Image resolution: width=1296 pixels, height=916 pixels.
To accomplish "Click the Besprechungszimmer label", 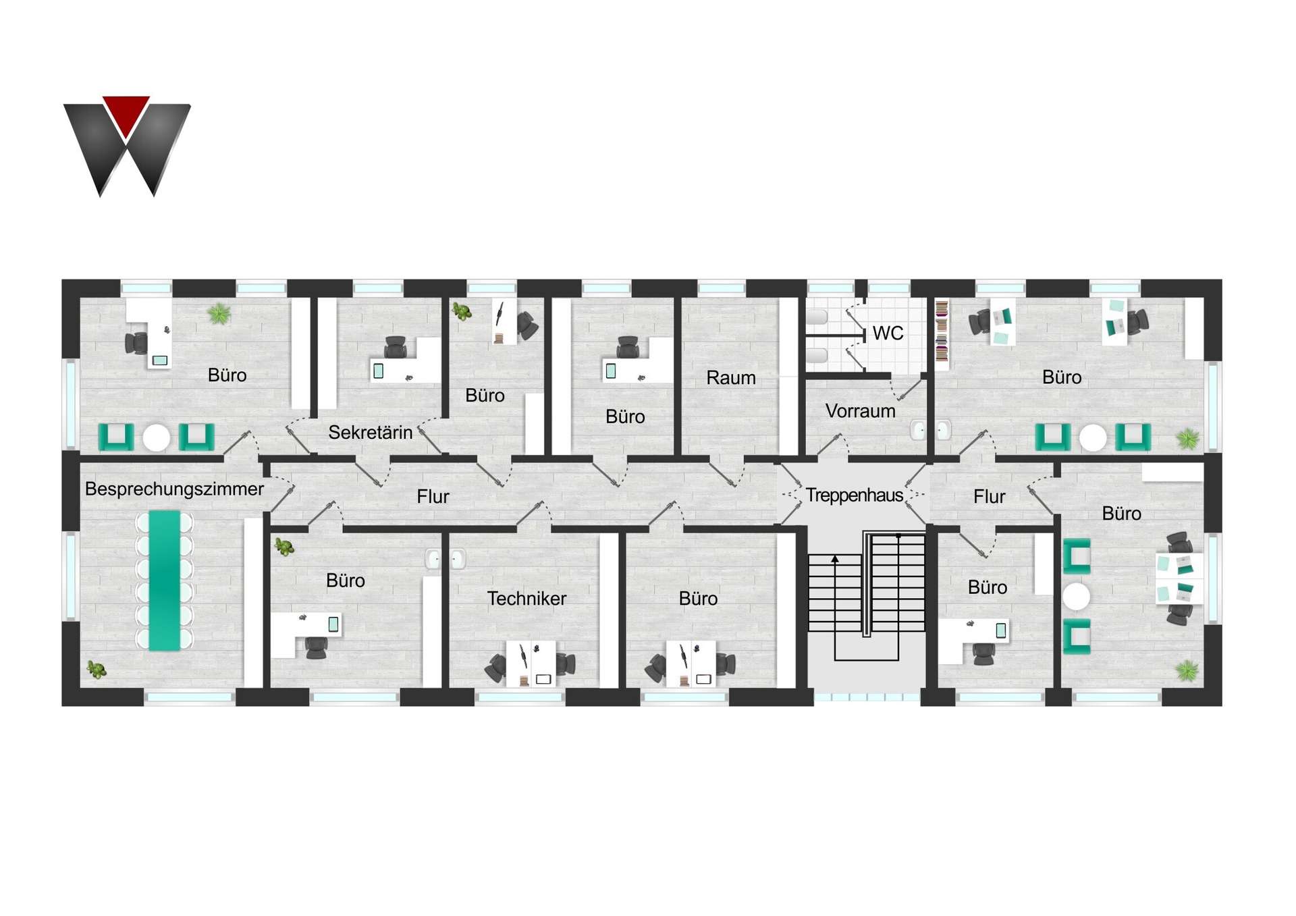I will tap(174, 489).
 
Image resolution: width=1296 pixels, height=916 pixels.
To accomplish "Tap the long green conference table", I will tap(164, 581).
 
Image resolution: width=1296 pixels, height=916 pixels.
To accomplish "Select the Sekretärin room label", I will tap(370, 432).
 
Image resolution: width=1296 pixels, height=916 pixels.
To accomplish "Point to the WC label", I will tap(888, 333).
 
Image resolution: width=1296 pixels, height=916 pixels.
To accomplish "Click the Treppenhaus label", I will tap(854, 495).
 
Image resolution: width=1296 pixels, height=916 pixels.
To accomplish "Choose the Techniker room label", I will tap(526, 598).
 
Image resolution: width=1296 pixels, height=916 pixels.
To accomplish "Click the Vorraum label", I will tap(860, 410).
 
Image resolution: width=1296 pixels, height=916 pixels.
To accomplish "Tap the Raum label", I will tap(730, 377).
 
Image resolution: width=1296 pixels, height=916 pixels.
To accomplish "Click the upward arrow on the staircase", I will tap(835, 560).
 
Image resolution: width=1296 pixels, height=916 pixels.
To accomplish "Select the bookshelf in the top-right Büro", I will tap(942, 332).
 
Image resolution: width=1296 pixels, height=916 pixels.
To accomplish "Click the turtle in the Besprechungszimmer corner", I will tap(97, 670).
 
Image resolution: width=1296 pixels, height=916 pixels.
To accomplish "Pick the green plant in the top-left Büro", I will tap(219, 313).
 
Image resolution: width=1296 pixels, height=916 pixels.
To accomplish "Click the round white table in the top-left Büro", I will tap(156, 437).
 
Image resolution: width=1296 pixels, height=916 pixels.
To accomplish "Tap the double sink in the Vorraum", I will tap(931, 429).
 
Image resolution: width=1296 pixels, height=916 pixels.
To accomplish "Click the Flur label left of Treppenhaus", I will tap(433, 497).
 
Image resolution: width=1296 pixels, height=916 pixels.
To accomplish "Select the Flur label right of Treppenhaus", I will tap(989, 497).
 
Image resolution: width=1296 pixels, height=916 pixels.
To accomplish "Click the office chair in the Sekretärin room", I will tap(395, 348).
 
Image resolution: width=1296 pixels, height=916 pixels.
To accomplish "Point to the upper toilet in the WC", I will tap(817, 317).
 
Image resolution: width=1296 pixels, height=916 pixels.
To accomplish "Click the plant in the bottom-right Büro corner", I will tap(1187, 670).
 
